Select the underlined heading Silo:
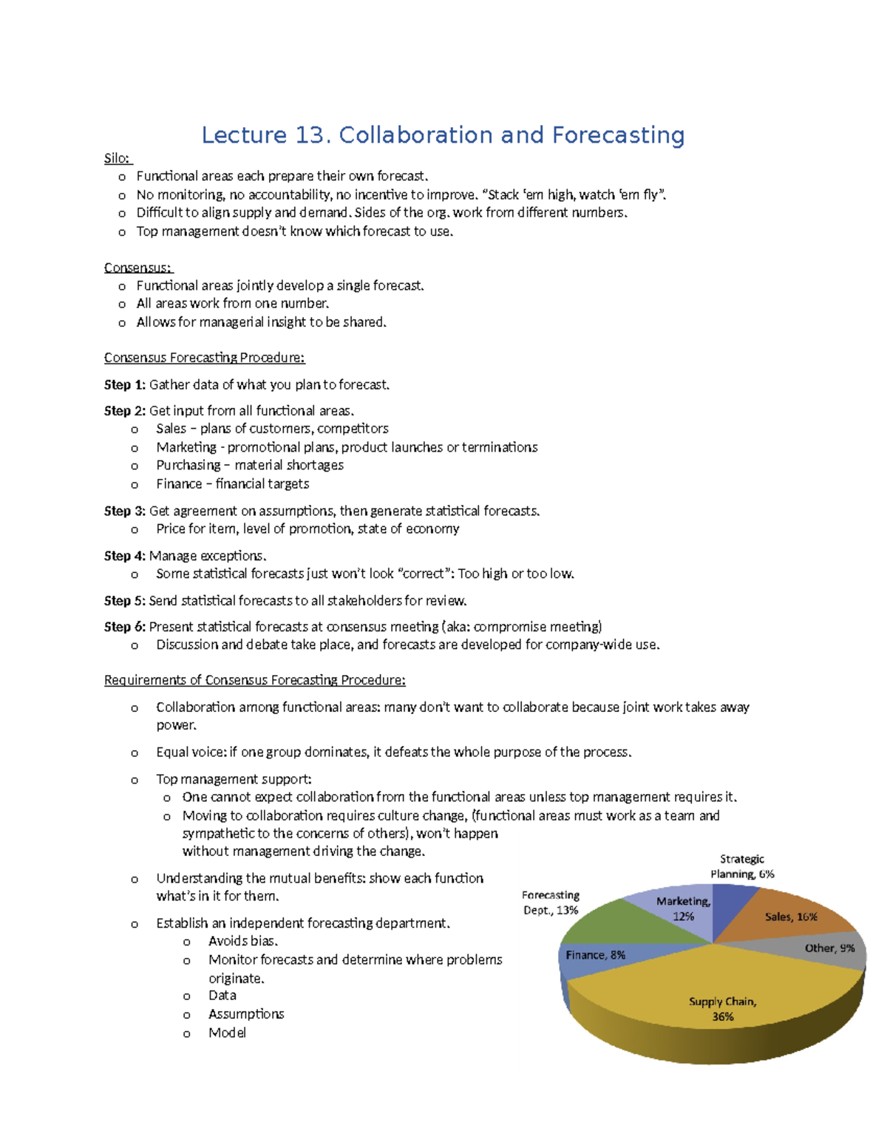coord(117,158)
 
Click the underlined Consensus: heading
coord(138,268)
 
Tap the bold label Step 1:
coord(125,384)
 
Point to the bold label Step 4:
coord(125,556)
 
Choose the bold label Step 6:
coord(125,627)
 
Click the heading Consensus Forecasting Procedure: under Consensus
coord(204,358)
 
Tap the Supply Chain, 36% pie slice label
coord(722,1009)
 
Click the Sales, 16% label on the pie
coord(790,917)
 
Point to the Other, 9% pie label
coord(829,948)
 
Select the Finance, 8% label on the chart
coord(595,955)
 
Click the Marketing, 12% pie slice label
coord(683,908)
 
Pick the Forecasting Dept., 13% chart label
coord(551,903)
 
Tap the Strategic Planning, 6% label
coord(742,866)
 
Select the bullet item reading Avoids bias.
coord(242,941)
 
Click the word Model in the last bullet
coord(227,1033)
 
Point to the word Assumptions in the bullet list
coord(246,1014)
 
